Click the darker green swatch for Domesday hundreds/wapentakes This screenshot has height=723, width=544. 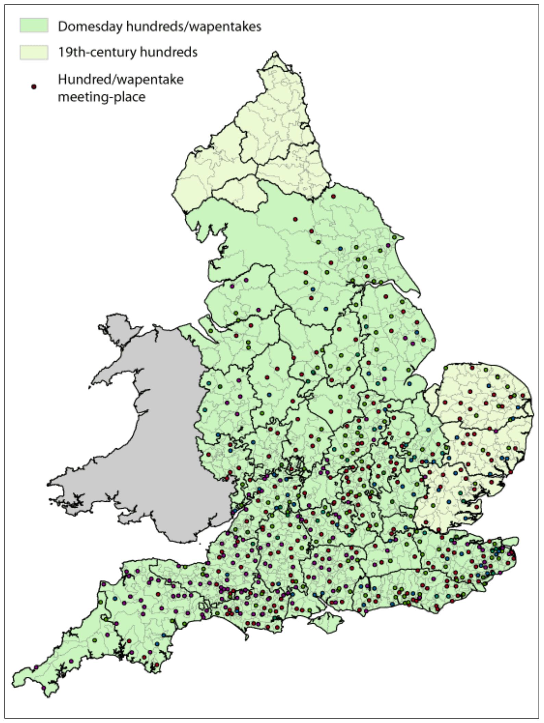point(34,26)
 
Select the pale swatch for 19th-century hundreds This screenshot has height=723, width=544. point(34,52)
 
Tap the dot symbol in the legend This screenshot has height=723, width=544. point(34,87)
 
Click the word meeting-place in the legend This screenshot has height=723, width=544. point(101,97)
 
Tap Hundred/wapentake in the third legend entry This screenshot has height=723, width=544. point(121,79)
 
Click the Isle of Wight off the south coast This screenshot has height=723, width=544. point(326,622)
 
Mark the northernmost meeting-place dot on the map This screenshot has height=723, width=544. point(333,197)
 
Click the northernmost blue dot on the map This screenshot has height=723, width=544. point(340,248)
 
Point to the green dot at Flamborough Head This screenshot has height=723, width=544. point(394,237)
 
